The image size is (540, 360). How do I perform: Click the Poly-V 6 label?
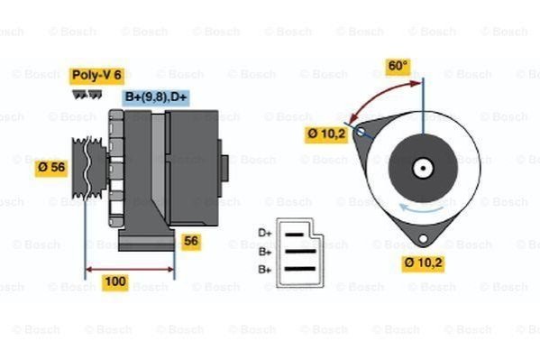point(96,75)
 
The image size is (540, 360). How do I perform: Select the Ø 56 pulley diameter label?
point(51,168)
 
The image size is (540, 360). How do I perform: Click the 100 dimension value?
point(115,282)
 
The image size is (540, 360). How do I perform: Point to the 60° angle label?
point(398,66)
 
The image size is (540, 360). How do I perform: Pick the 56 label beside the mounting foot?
point(191,241)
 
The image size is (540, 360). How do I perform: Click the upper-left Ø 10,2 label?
point(326,134)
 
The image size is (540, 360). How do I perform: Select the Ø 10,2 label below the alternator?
point(423,263)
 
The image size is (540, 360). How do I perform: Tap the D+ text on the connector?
point(265,233)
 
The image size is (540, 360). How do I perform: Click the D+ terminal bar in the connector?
point(295,235)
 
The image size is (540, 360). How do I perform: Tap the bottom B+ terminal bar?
point(300,269)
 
